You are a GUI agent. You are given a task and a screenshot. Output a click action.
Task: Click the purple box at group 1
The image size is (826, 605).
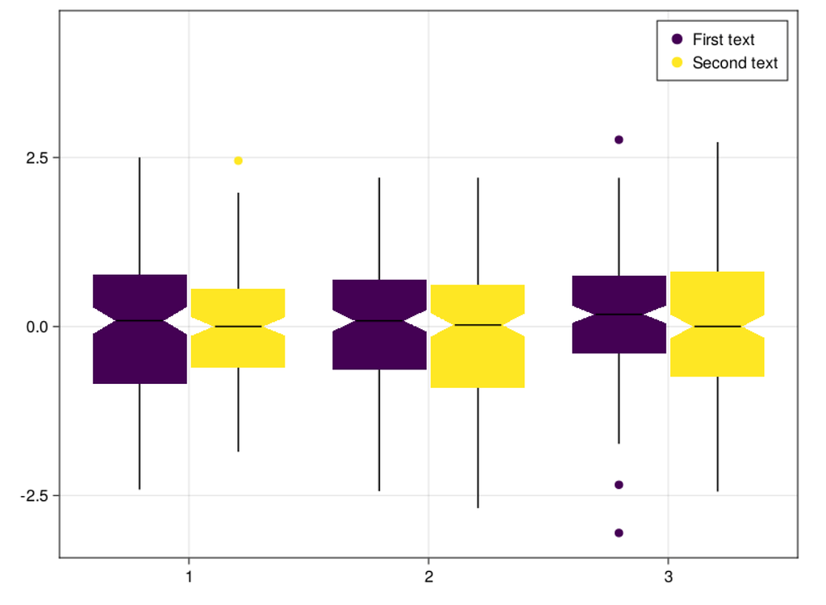click(140, 355)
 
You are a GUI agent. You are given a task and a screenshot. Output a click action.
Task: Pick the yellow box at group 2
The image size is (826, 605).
click(478, 359)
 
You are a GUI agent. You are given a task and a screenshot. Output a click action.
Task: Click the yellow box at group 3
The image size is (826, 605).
click(717, 355)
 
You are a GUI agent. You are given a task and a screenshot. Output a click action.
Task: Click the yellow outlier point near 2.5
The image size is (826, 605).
click(238, 161)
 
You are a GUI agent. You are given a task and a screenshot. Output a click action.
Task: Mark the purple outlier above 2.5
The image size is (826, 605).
click(619, 140)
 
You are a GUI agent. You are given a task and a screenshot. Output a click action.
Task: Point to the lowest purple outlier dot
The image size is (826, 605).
click(619, 532)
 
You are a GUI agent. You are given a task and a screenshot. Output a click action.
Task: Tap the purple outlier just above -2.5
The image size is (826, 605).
click(619, 485)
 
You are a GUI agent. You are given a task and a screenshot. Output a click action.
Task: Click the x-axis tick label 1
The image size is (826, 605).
click(189, 577)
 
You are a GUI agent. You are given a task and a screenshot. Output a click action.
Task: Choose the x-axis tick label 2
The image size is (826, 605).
click(428, 577)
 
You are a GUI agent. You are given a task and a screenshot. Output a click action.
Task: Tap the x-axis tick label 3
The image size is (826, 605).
click(667, 577)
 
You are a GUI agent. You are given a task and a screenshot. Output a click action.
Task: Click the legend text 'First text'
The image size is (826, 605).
click(724, 40)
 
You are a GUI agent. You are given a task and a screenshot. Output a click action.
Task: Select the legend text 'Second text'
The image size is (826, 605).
click(735, 63)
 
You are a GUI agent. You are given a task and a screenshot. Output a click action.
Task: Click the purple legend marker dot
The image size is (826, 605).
click(677, 40)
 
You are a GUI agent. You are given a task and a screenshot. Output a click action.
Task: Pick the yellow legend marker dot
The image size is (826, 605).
click(677, 63)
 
